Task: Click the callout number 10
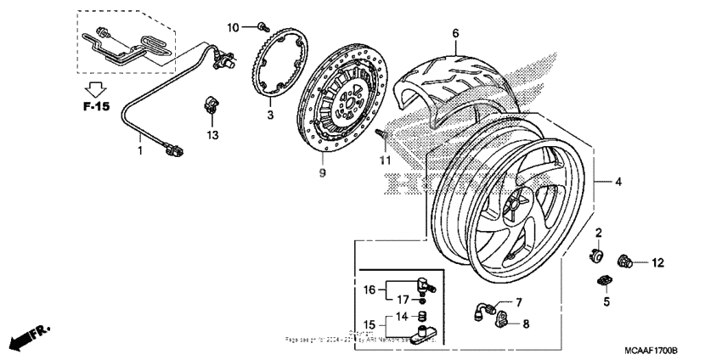coord(233,28)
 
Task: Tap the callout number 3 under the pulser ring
coord(269,114)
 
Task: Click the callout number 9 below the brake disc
coord(322,172)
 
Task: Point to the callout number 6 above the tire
coord(454,33)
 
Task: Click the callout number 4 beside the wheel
coord(618,182)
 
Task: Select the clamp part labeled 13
coord(209,108)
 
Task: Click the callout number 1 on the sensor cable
coord(140,150)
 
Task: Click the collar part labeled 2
coord(597,253)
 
